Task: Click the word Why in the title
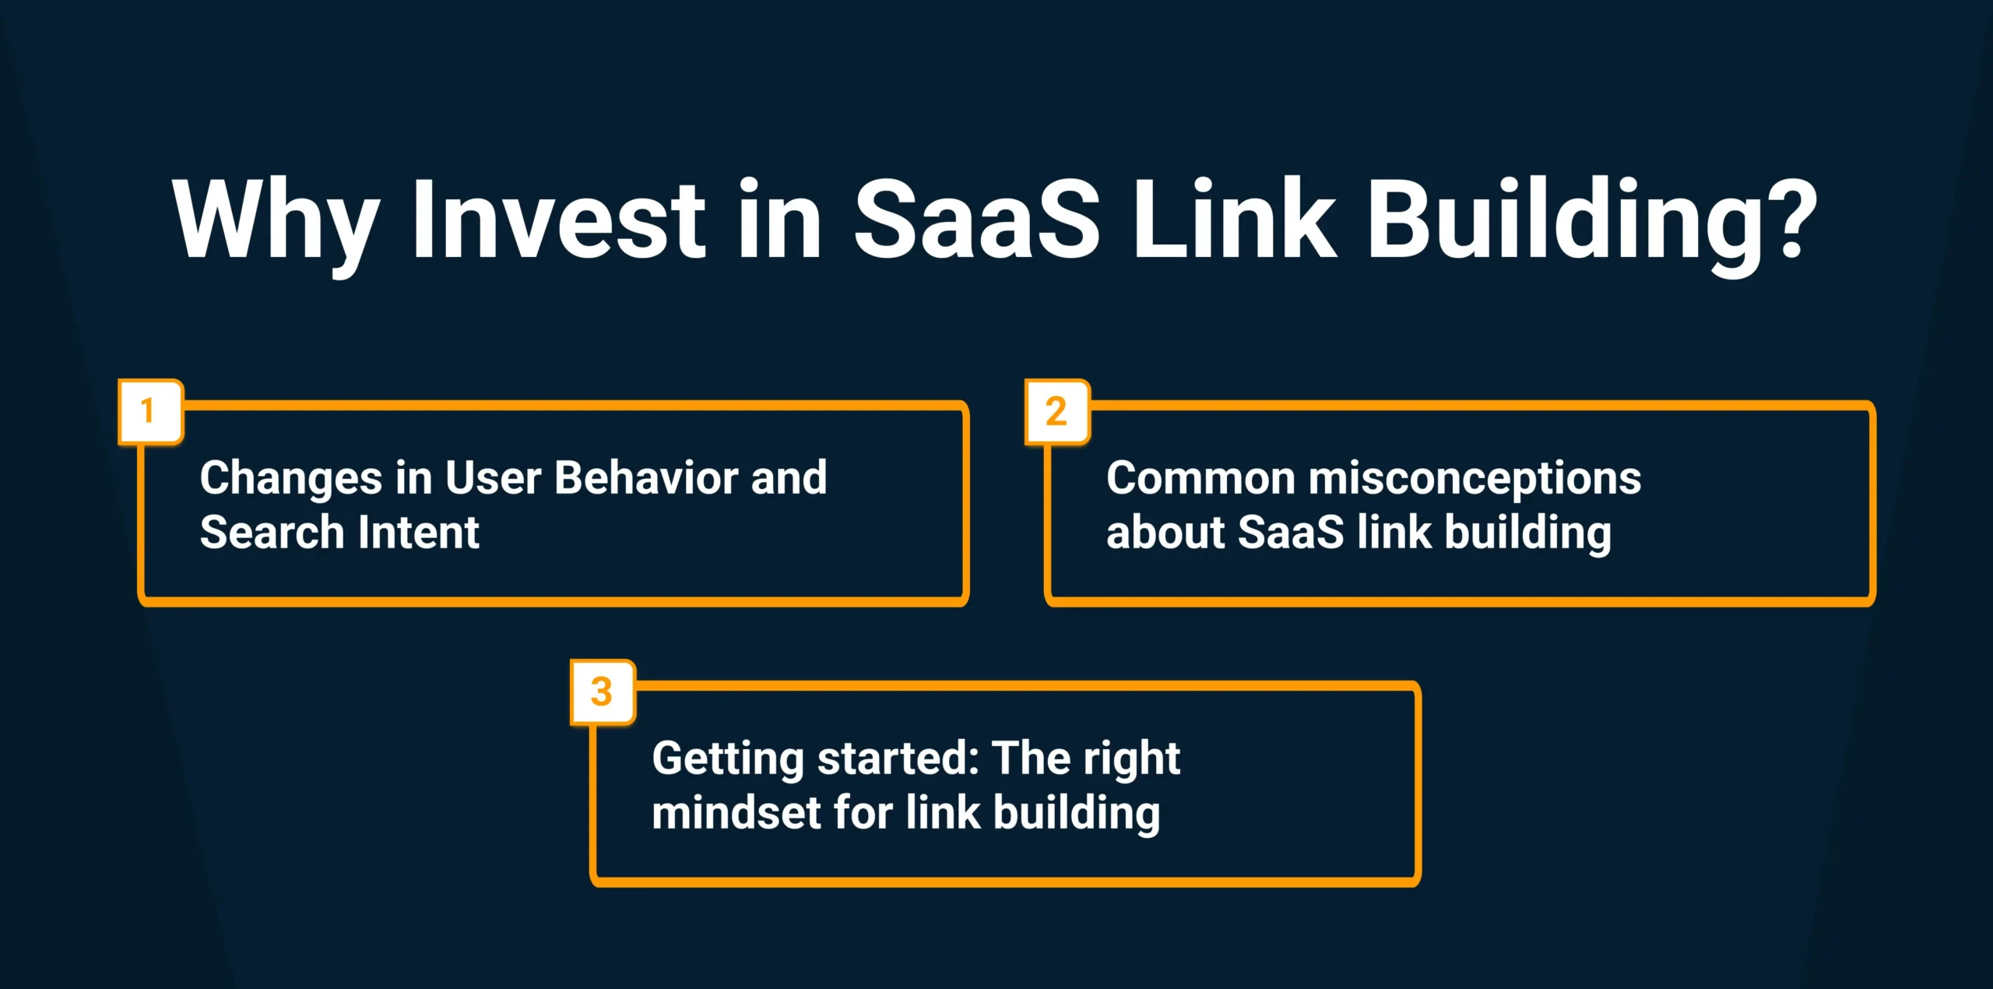[276, 222]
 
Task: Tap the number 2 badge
[1056, 412]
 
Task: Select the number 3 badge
[602, 692]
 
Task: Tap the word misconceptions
[1475, 479]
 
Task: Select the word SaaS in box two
[1290, 533]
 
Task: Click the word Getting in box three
[728, 759]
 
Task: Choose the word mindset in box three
[736, 813]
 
